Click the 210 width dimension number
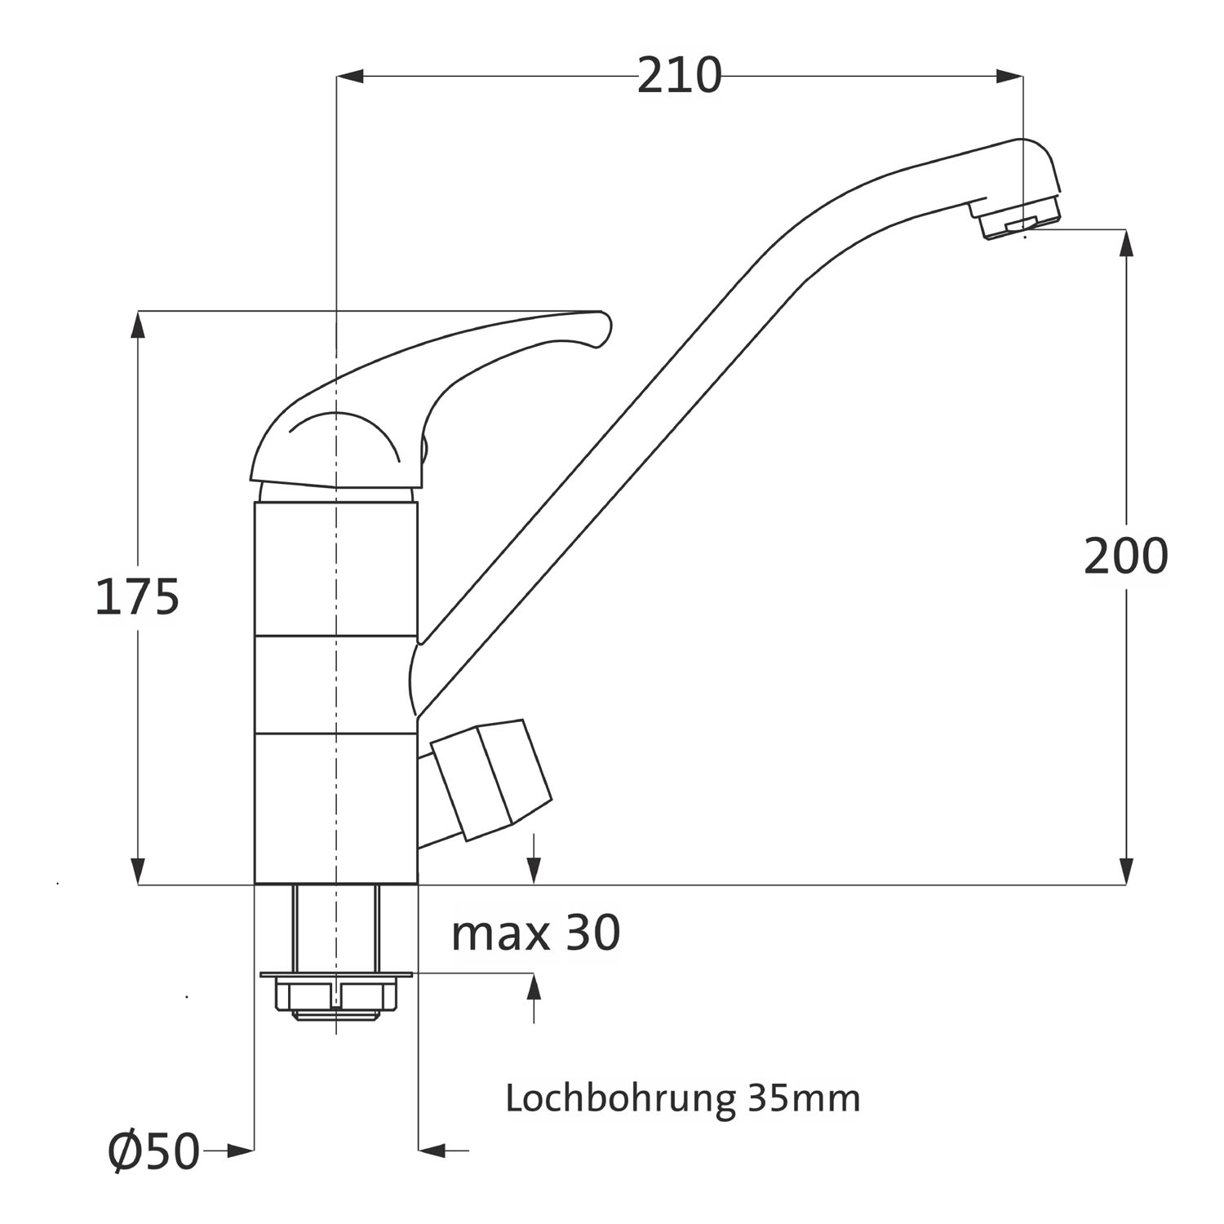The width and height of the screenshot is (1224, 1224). pos(679,76)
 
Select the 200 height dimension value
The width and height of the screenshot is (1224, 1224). pos(1126,557)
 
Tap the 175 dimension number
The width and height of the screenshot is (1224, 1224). pos(137,596)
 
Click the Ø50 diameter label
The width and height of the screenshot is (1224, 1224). pos(154,1151)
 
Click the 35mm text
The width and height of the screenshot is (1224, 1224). pos(804,1098)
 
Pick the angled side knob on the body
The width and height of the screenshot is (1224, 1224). pos(486,779)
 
